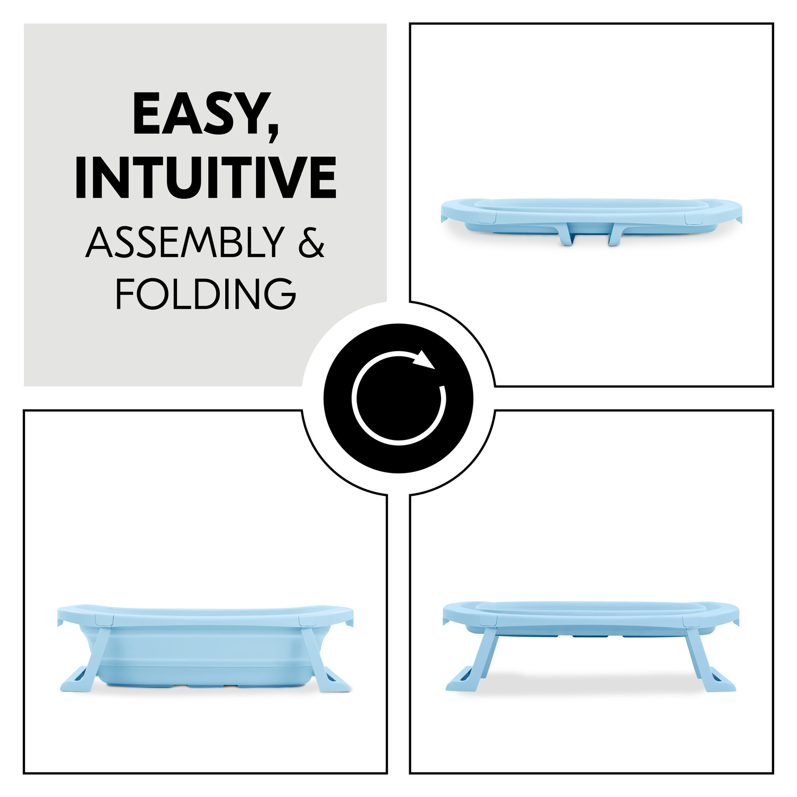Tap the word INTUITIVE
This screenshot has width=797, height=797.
click(x=206, y=177)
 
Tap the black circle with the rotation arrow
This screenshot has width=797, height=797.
click(x=398, y=398)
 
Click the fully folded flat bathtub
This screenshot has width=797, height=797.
click(x=591, y=222)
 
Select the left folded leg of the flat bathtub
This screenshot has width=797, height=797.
click(x=566, y=234)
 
